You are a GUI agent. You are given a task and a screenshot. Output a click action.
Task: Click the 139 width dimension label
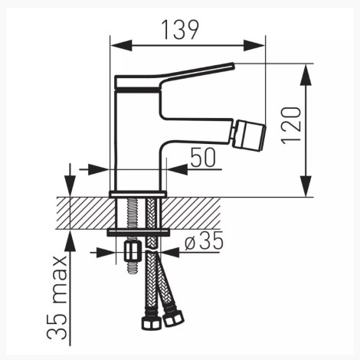(x=180, y=30)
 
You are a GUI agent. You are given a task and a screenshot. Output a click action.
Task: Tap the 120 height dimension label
(x=291, y=126)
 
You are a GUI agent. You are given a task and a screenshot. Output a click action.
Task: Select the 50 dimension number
(x=203, y=158)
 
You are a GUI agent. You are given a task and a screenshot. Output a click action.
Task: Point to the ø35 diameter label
(x=204, y=241)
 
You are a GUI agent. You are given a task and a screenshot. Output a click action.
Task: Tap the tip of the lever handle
(x=233, y=65)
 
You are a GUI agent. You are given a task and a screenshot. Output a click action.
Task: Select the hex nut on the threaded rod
(x=133, y=251)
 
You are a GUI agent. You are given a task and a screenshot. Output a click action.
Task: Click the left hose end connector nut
(x=151, y=323)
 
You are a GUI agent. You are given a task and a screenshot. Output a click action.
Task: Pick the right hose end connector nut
(x=173, y=319)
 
